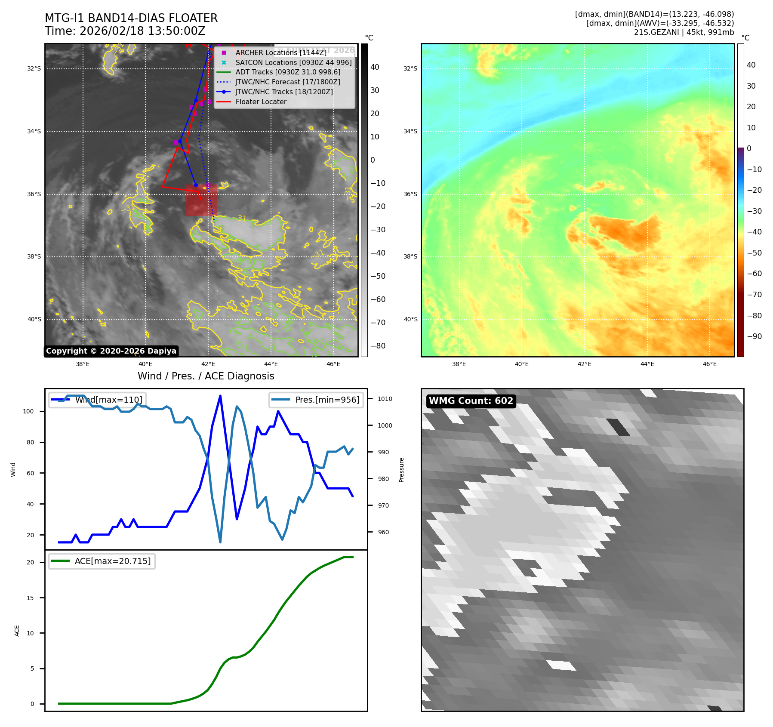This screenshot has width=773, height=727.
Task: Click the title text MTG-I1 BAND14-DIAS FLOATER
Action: (131, 18)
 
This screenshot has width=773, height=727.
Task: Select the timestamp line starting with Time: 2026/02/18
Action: (125, 31)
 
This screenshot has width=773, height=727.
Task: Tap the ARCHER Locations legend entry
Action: (280, 52)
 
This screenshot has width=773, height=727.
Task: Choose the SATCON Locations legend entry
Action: (293, 62)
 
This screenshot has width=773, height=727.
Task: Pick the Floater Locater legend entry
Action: (261, 102)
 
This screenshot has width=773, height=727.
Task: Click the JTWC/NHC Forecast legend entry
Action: (287, 82)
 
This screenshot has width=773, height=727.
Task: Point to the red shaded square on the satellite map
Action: (201, 200)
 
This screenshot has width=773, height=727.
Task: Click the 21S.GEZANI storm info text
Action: (684, 32)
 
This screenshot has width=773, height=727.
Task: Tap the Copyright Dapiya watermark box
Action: (111, 351)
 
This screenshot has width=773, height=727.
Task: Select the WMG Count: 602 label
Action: (471, 401)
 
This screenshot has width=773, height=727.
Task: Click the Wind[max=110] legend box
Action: (98, 400)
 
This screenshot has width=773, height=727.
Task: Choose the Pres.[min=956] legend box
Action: (316, 400)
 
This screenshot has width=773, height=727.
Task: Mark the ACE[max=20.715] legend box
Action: (102, 561)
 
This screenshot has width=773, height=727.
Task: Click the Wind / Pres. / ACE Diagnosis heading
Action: (206, 376)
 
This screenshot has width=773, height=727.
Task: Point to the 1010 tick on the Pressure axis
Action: (385, 399)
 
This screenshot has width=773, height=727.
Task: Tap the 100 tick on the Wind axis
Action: (28, 411)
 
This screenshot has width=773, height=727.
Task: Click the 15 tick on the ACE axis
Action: (30, 598)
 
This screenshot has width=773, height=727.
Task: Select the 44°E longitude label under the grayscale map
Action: (271, 364)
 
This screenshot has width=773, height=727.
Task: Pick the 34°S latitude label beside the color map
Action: (410, 131)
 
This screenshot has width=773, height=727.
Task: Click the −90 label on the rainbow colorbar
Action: (754, 336)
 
